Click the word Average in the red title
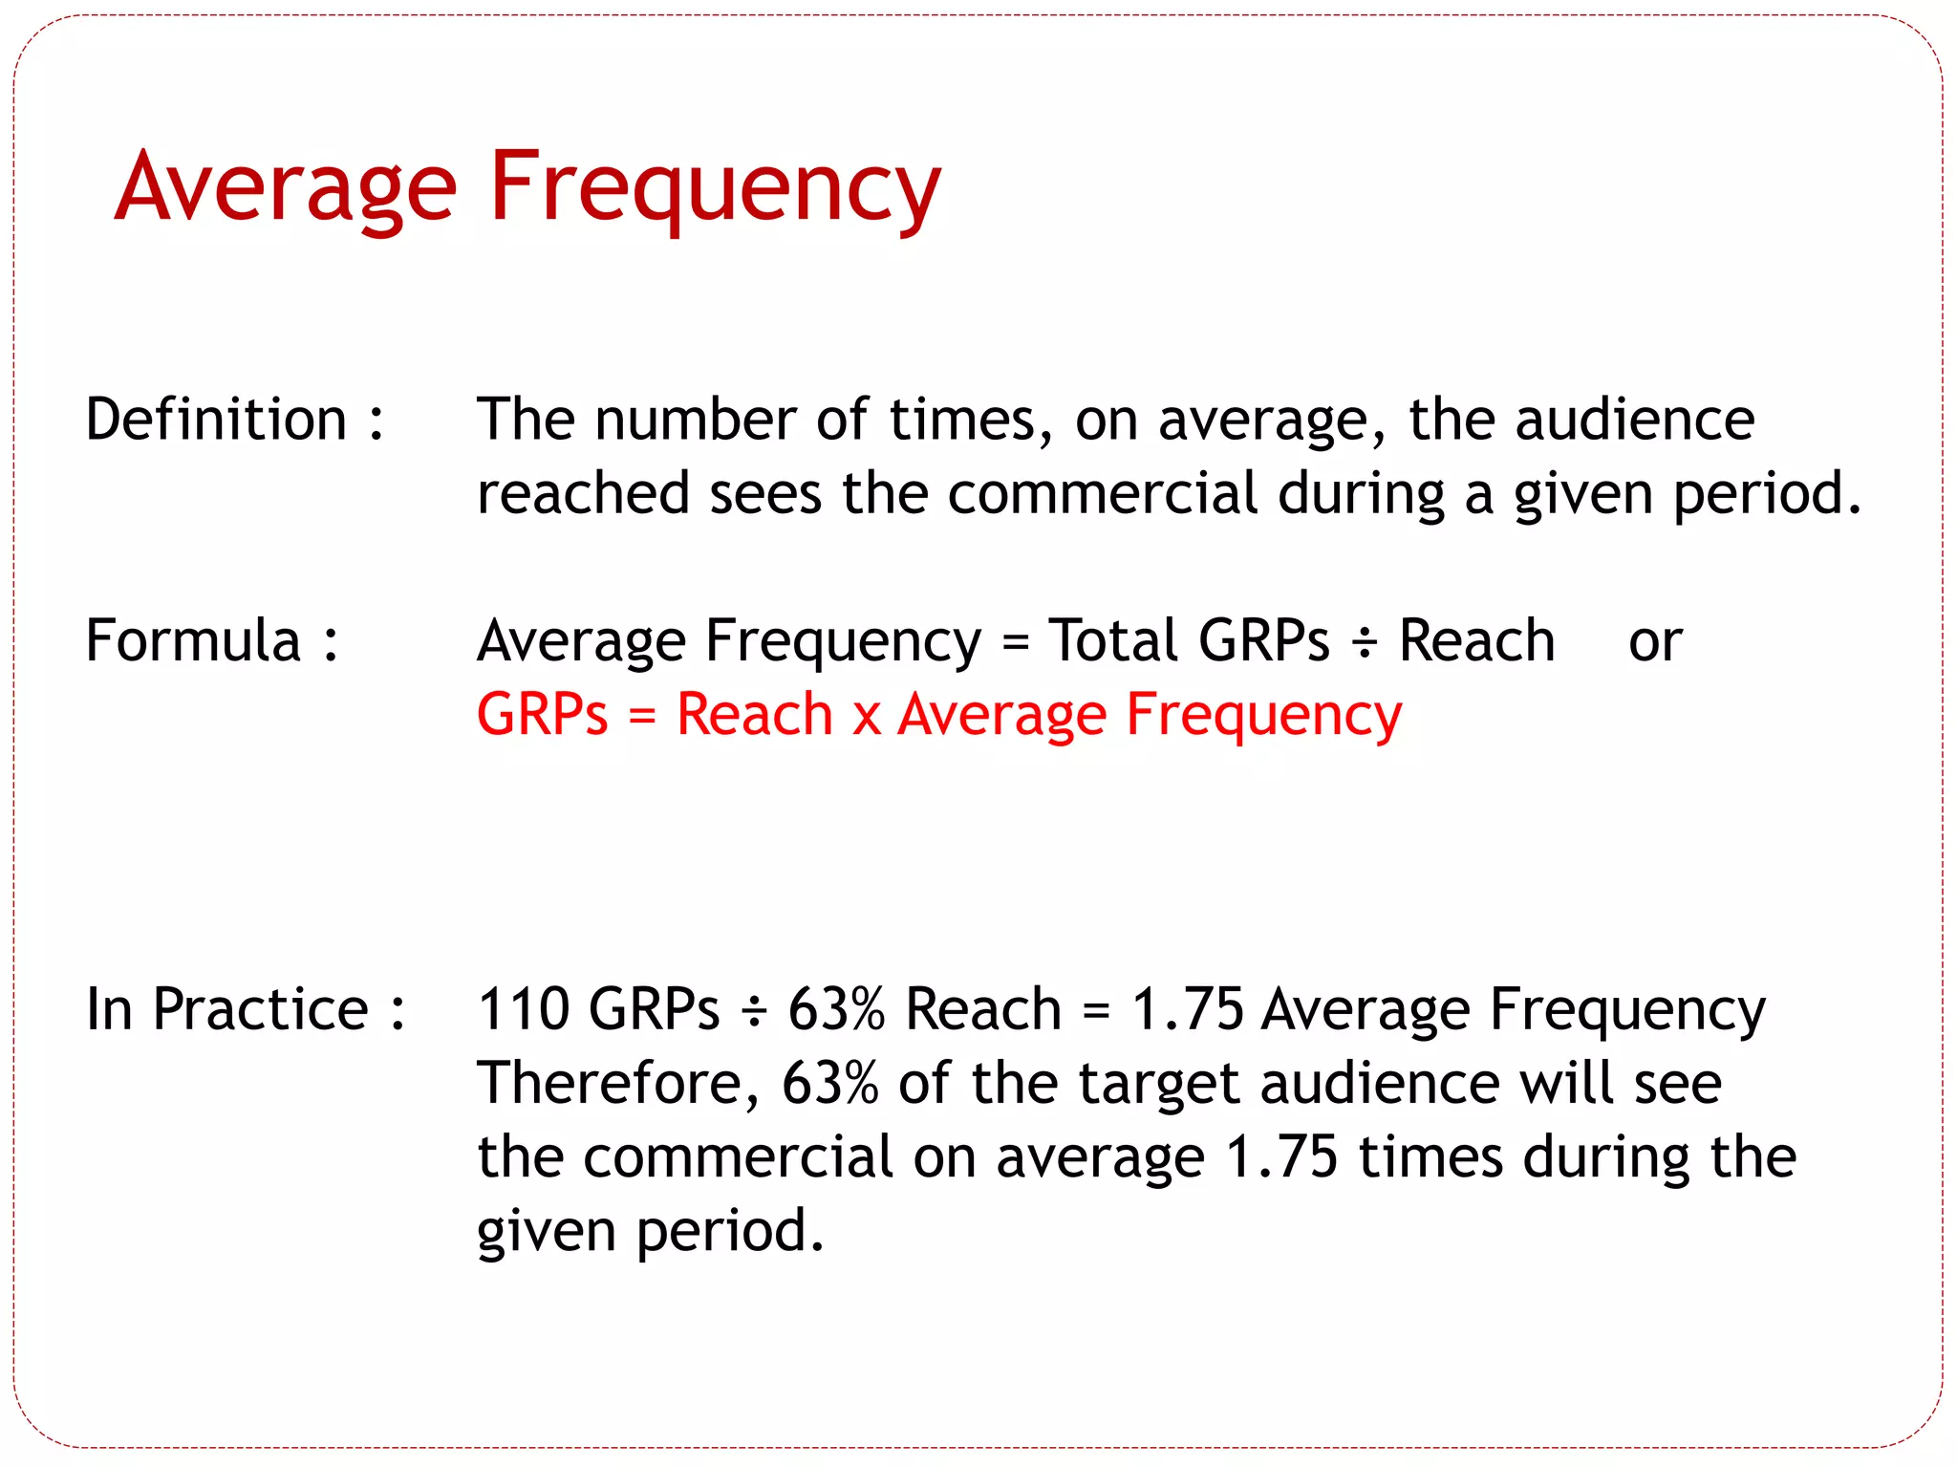[x=286, y=187]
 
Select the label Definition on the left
[x=216, y=420]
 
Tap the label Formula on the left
[x=193, y=640]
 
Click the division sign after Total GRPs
[x=1365, y=642]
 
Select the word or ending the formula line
[x=1655, y=642]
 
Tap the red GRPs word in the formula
[x=542, y=715]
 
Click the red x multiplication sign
[x=866, y=717]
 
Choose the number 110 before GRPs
[x=523, y=1009]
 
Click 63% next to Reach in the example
[x=836, y=1009]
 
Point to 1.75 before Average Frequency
[x=1187, y=1009]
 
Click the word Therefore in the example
[x=617, y=1084]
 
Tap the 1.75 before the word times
[x=1281, y=1157]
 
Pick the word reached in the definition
[x=583, y=494]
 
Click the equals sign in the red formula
[x=642, y=717]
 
